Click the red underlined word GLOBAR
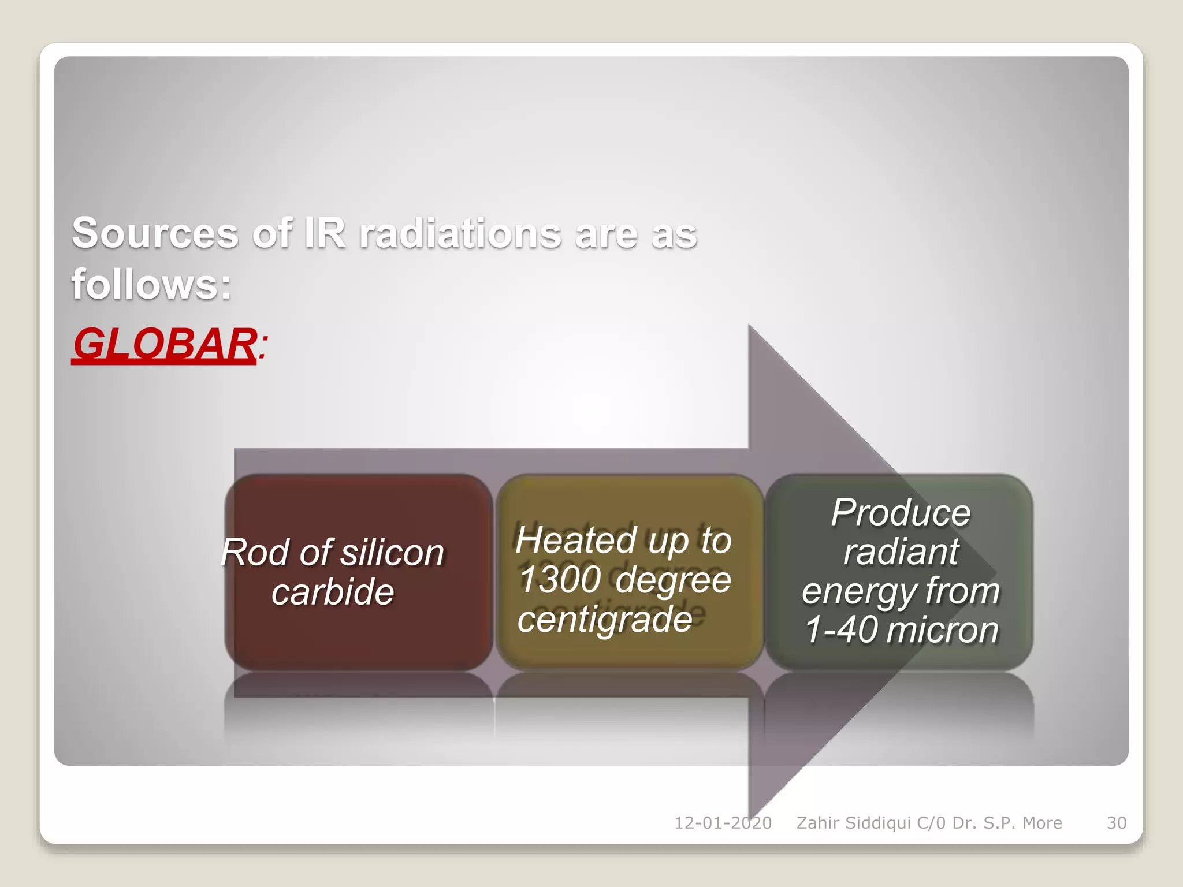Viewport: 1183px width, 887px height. [164, 344]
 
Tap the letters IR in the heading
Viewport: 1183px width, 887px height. [325, 233]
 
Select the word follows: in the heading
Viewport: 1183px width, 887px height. [151, 284]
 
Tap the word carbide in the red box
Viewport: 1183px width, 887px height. [333, 592]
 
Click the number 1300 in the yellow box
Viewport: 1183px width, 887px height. [560, 579]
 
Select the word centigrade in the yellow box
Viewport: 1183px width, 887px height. [605, 619]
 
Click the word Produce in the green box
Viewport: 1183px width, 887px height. [901, 512]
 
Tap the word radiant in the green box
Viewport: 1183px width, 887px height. [901, 551]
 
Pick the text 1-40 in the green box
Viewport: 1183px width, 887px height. [840, 629]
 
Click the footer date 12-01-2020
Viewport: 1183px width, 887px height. [723, 823]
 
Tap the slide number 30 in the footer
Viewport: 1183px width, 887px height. [1116, 823]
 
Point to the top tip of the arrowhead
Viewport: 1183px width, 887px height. [750, 326]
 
